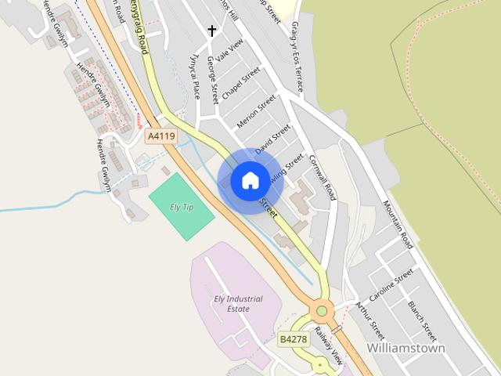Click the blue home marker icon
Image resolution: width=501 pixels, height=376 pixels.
pos(250,181)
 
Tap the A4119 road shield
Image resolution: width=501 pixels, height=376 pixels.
pos(161,136)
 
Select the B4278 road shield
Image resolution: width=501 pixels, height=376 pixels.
pos(294,339)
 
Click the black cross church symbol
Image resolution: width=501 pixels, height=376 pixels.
pos(211,31)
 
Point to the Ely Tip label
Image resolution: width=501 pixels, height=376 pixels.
pos(182,208)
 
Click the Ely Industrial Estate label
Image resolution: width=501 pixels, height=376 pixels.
pos(238,304)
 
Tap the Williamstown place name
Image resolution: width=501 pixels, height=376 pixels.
pos(405,348)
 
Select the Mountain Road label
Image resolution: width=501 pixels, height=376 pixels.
pos(398,224)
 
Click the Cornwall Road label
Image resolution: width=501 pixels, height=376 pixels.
pos(322,176)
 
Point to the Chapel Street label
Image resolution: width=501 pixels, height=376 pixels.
pos(240,84)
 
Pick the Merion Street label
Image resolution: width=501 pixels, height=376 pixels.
pos(257,112)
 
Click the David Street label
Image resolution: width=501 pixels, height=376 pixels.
pos(273,138)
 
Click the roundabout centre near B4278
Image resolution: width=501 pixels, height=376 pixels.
pos(321,312)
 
